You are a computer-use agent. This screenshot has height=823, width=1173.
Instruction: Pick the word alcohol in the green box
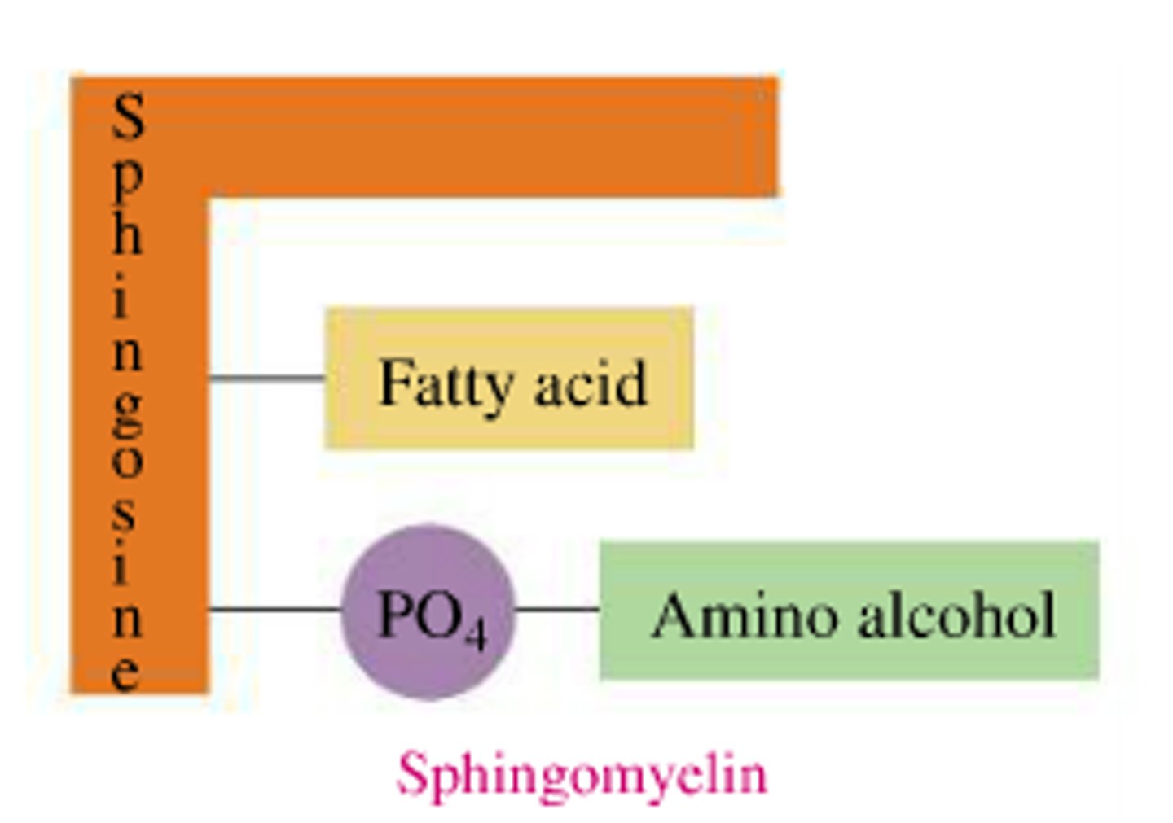tap(957, 615)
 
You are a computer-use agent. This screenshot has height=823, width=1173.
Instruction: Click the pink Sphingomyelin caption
tap(582, 773)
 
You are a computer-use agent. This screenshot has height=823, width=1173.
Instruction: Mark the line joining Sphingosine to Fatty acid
tap(266, 378)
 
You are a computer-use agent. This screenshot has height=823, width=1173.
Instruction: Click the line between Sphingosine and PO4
tap(275, 608)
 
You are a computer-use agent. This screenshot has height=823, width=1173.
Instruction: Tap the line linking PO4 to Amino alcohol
tap(558, 608)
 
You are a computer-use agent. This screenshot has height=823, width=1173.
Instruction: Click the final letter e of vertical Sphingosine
tap(125, 673)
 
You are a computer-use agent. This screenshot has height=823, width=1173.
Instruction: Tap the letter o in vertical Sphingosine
tap(127, 462)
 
